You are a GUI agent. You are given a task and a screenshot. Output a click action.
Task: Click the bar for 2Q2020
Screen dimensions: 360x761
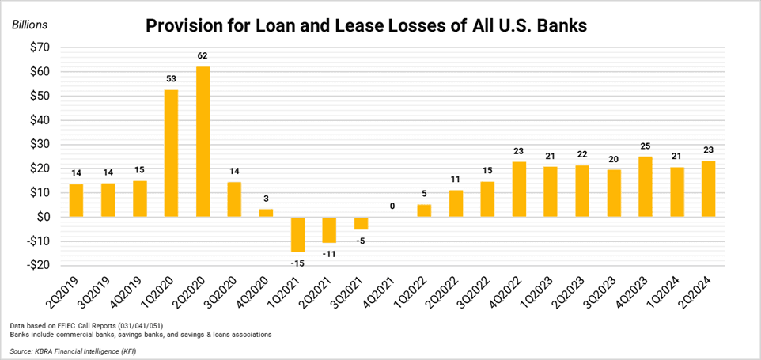203,142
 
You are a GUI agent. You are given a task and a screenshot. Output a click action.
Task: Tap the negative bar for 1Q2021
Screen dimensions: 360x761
297,234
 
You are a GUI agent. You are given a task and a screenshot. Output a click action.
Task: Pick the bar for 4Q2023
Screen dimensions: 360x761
646,187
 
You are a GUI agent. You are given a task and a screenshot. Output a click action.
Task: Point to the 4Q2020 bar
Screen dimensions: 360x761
266,213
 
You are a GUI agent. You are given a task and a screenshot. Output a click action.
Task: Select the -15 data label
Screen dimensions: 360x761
297,262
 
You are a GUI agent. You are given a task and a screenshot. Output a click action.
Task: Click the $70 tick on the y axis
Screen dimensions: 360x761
37,47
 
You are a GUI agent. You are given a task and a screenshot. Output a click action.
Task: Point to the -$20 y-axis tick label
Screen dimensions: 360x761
35,265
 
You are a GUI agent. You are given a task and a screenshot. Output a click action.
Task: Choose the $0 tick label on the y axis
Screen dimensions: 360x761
40,217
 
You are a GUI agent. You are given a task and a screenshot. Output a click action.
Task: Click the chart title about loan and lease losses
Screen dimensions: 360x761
365,25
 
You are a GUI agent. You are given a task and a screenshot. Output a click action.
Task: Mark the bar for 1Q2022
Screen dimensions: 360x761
424,210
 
